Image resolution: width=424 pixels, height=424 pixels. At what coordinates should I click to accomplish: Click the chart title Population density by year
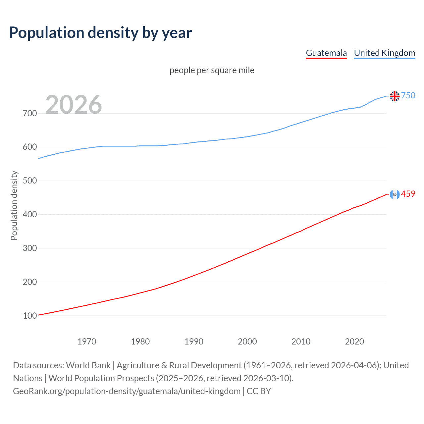pos(100,33)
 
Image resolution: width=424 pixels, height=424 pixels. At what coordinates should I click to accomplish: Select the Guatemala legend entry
pos(326,53)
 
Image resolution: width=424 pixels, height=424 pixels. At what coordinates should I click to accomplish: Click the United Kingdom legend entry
pos(384,53)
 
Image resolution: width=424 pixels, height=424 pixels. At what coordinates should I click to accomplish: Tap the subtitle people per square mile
pos(212,71)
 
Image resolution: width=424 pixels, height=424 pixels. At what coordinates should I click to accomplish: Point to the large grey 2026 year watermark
pos(74,105)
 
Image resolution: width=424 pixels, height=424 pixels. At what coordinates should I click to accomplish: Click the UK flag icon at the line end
pos(395,96)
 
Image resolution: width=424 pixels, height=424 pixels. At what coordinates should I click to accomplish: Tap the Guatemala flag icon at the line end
pos(395,194)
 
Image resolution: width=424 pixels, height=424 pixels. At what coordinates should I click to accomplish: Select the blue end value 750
pos(408,96)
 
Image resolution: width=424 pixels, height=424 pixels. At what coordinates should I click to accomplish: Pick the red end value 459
pos(408,194)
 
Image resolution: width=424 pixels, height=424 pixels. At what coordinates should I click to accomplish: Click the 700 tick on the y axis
pos(30,114)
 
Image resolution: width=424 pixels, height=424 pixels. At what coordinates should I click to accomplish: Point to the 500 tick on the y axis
pos(30,181)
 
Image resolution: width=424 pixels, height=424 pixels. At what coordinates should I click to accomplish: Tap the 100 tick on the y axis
pos(30,316)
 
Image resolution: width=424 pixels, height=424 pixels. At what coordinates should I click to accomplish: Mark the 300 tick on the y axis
pos(30,248)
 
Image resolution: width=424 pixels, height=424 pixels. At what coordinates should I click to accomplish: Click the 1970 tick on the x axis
pos(87,342)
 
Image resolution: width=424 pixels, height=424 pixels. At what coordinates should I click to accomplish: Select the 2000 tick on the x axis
pos(247,342)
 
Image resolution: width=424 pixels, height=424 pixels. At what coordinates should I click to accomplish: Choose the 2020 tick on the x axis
pos(354,342)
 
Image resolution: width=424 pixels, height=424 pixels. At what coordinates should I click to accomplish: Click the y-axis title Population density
pos(14,205)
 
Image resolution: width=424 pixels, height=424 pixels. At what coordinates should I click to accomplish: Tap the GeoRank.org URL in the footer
pos(127,391)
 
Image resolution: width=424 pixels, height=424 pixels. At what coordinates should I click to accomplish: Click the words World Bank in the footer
pos(88,365)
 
